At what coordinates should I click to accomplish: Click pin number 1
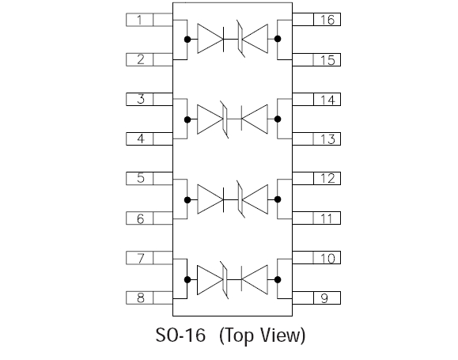click(139, 20)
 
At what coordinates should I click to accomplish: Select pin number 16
click(327, 20)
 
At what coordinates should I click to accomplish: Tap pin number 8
click(141, 297)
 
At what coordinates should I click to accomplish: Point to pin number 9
click(324, 297)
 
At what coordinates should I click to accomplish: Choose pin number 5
click(141, 178)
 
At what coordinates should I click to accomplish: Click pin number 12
click(327, 178)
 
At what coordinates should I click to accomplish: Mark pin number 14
click(327, 100)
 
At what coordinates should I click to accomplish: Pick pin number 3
click(141, 99)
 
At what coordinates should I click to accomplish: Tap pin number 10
click(327, 258)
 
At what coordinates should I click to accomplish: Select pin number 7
click(141, 258)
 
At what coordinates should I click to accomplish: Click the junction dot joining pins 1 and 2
click(187, 39)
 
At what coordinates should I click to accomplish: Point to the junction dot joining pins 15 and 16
click(278, 39)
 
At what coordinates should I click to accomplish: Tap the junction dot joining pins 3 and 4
click(187, 119)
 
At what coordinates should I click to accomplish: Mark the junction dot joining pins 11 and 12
click(278, 199)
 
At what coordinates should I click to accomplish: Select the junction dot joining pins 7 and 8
click(187, 279)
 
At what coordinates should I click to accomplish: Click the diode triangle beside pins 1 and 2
click(210, 39)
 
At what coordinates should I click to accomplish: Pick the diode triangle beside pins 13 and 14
click(255, 119)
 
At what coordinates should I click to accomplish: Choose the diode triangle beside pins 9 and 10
click(255, 279)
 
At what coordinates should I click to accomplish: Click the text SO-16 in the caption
click(180, 335)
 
